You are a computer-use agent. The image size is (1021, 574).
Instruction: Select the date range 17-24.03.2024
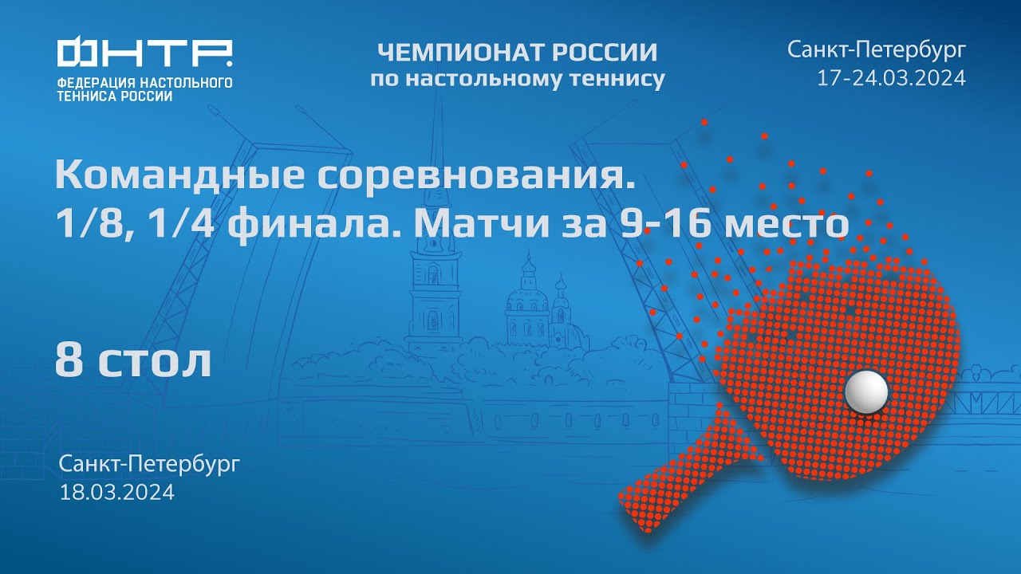(891, 78)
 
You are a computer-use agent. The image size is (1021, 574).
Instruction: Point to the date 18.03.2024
(117, 492)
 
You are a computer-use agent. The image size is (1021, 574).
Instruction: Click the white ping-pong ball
(866, 391)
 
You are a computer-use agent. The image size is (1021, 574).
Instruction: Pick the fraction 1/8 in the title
(87, 226)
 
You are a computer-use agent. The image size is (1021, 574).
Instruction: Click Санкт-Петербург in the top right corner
(877, 51)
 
